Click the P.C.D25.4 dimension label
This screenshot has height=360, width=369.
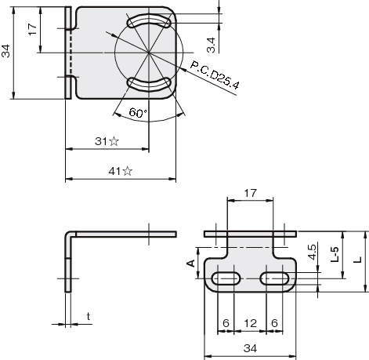[215, 75]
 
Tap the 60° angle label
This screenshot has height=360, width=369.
[138, 113]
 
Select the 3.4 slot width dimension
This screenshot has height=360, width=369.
[211, 45]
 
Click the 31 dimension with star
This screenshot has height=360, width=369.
[107, 141]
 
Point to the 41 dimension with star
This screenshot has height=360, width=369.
[121, 171]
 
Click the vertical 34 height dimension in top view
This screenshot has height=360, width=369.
[5, 51]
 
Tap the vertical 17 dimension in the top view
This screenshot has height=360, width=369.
[33, 30]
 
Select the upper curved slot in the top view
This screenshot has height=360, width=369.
[149, 22]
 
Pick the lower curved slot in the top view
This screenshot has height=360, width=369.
[149, 85]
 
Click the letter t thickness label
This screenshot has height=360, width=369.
[89, 316]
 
